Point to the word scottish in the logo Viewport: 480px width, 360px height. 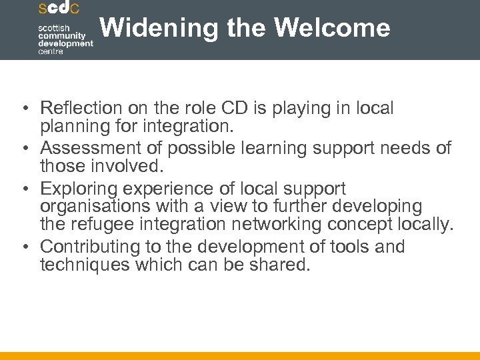(53, 27)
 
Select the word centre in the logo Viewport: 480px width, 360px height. (50, 51)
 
